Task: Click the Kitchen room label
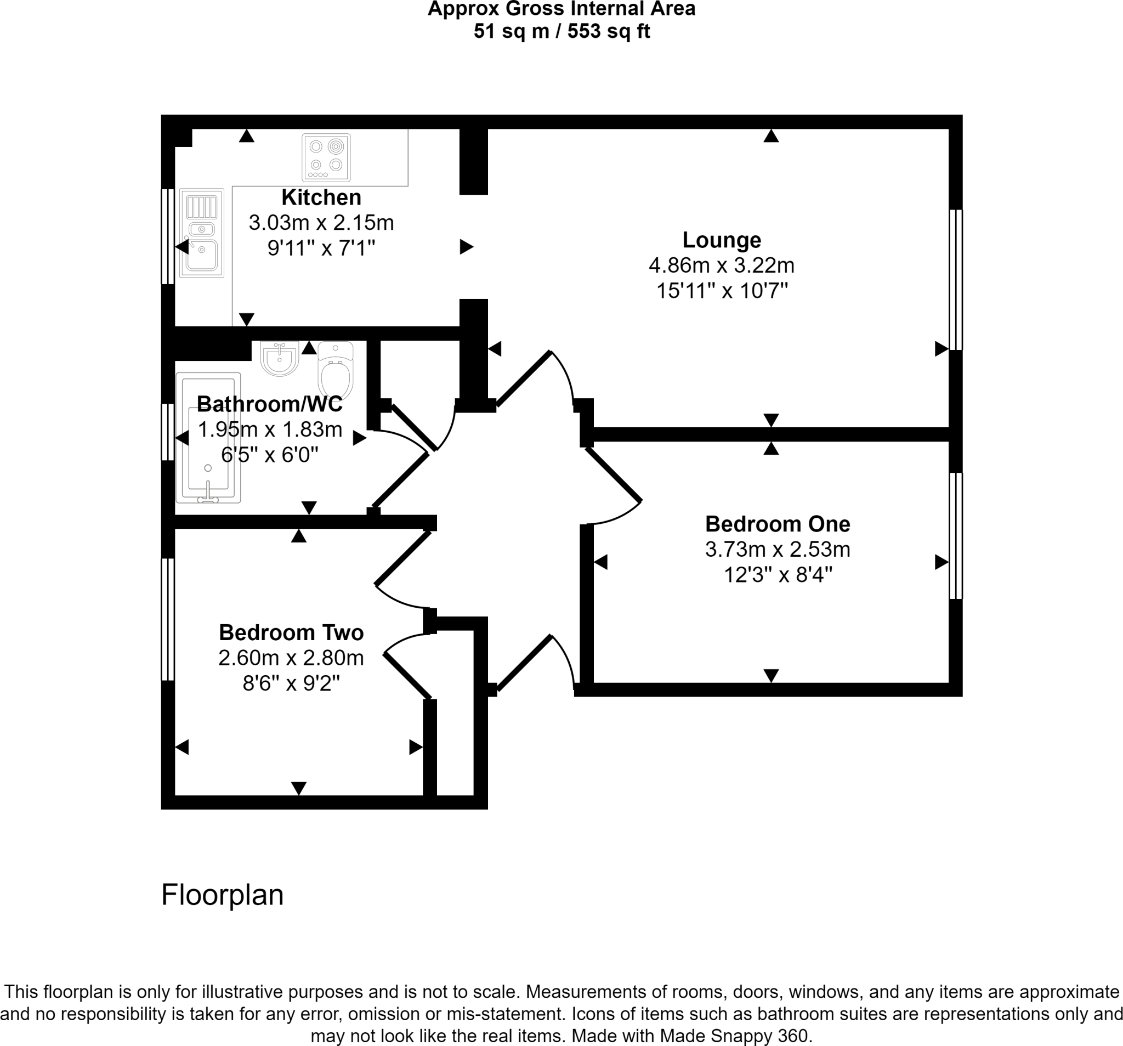pyautogui.click(x=321, y=198)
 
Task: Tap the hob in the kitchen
pyautogui.click(x=326, y=156)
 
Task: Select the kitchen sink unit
pyautogui.click(x=202, y=233)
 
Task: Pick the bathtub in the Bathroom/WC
pyautogui.click(x=208, y=437)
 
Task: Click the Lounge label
pyautogui.click(x=722, y=240)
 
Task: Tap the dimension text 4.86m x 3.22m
pyautogui.click(x=722, y=265)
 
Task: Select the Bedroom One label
pyautogui.click(x=778, y=524)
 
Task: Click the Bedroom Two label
pyautogui.click(x=291, y=633)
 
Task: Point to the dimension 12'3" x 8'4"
pyautogui.click(x=778, y=575)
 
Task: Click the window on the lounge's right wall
pyautogui.click(x=955, y=280)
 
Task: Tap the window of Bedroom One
pyautogui.click(x=955, y=536)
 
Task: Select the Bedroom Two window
pyautogui.click(x=168, y=619)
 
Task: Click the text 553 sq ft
pyautogui.click(x=609, y=32)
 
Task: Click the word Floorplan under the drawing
pyautogui.click(x=222, y=895)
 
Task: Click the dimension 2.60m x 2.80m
pyautogui.click(x=291, y=658)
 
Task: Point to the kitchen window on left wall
pyautogui.click(x=168, y=236)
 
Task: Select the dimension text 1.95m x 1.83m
pyautogui.click(x=270, y=429)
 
